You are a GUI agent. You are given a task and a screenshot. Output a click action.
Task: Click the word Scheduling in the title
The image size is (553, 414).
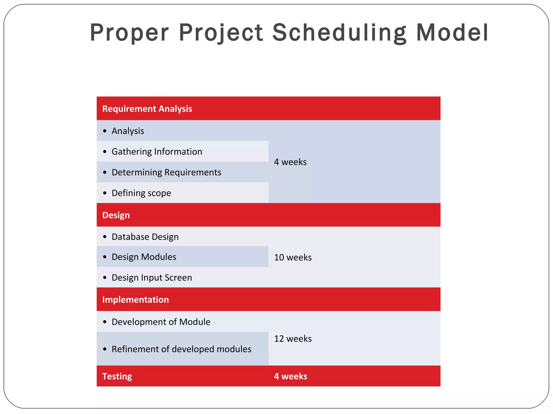(339, 33)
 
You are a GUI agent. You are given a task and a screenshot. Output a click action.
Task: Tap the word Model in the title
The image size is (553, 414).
(452, 33)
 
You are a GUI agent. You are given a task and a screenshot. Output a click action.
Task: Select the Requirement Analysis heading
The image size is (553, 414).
(147, 109)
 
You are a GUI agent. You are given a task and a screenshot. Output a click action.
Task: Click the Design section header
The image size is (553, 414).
(116, 215)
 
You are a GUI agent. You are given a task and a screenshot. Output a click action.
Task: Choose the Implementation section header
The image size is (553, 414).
(136, 299)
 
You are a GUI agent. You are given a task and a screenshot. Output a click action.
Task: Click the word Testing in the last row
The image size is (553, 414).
(117, 376)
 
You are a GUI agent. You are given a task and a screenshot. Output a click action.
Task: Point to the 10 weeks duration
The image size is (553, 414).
(293, 257)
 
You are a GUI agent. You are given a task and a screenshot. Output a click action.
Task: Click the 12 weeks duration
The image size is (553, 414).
(293, 339)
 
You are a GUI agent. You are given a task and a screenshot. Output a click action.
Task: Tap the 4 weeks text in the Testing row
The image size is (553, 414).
(291, 376)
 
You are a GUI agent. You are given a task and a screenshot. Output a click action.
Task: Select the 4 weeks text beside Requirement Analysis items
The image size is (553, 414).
(290, 162)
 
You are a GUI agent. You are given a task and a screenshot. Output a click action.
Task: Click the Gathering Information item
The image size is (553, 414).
(157, 151)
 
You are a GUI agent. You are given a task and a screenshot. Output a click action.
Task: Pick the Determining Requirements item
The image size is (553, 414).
(166, 172)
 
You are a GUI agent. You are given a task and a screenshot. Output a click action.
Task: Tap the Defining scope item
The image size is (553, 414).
(141, 193)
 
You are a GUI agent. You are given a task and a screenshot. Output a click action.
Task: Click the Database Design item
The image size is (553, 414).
(145, 237)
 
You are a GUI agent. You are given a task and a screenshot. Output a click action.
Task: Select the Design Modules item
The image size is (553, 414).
(144, 257)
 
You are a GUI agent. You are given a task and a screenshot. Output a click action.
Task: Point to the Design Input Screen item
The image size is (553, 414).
(152, 278)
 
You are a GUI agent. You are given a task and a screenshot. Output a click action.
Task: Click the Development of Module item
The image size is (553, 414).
(161, 322)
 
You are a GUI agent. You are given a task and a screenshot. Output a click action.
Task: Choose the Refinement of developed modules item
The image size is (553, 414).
(181, 349)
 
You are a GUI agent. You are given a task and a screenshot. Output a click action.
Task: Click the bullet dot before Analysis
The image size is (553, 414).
(105, 131)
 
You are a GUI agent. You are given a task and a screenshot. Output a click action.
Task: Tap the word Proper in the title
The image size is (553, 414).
(129, 33)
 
